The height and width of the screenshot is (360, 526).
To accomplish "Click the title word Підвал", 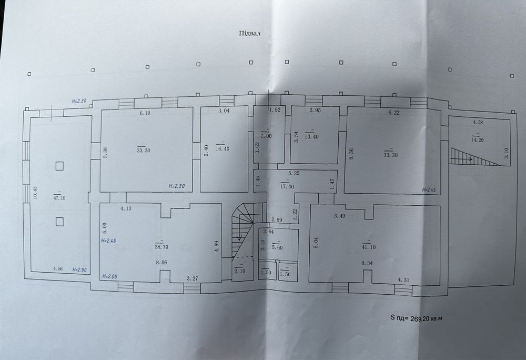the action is [249, 33].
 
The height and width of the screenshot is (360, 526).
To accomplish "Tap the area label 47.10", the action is [59, 198].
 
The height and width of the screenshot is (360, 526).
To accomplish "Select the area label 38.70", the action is [161, 247].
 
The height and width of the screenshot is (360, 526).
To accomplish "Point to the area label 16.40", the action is [222, 148].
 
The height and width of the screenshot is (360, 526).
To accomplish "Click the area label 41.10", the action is [369, 247].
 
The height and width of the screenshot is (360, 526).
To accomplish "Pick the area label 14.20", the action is [477, 141].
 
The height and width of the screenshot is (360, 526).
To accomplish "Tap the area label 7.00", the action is [266, 136].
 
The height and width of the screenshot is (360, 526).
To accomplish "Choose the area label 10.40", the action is [312, 137].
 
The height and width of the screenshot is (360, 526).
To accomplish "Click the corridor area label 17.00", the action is [287, 187].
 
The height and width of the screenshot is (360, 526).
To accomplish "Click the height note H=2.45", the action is [429, 190].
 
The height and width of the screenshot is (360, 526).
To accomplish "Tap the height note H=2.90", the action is [80, 269].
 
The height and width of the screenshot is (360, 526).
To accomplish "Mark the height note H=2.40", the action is [108, 241].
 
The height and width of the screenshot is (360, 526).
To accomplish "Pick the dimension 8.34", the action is [367, 263].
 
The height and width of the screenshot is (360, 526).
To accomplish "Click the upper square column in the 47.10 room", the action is [59, 166].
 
